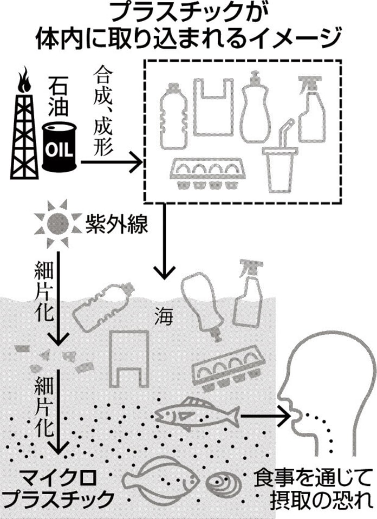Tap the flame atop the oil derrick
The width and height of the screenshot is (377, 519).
(24, 81)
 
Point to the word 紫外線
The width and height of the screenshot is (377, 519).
(116, 223)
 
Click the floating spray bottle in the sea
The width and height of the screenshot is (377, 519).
(249, 296)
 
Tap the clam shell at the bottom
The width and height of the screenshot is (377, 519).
(224, 482)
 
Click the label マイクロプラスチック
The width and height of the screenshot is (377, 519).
(60, 488)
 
